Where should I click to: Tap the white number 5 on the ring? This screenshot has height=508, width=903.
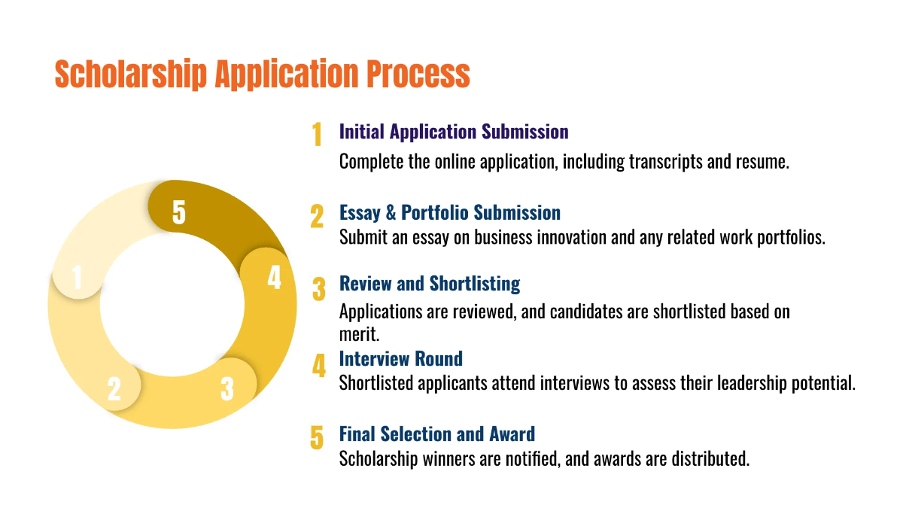click(179, 212)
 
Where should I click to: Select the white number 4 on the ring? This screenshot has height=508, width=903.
click(274, 278)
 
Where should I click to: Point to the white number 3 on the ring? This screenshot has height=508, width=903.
click(227, 388)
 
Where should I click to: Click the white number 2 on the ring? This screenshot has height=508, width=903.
click(114, 388)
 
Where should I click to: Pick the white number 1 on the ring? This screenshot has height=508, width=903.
click(77, 278)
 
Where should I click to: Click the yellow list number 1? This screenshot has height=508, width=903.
click(317, 135)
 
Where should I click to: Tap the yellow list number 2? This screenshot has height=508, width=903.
click(317, 217)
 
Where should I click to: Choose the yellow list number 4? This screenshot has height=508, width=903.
click(319, 367)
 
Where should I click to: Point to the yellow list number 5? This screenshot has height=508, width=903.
click(317, 437)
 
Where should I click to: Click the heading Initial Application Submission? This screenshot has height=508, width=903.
click(454, 132)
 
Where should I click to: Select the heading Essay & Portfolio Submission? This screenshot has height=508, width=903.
click(450, 212)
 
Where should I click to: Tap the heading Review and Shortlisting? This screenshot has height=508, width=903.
click(430, 284)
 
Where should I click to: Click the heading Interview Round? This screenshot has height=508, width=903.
click(400, 358)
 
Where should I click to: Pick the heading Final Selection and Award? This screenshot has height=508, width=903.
click(437, 433)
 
